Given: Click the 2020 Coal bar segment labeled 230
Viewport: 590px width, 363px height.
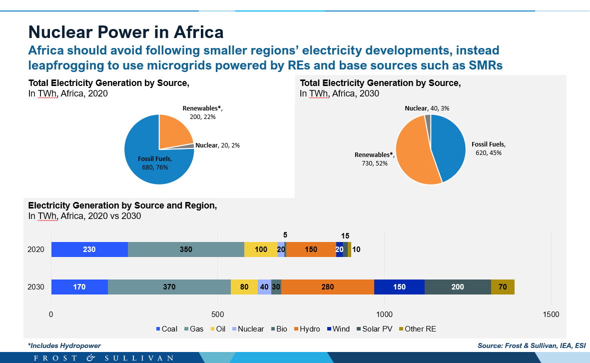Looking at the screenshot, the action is tap(89, 249).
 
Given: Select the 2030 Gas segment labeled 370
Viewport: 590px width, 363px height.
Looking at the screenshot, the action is tap(169, 287).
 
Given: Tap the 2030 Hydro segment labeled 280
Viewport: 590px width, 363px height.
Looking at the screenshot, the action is tap(328, 287).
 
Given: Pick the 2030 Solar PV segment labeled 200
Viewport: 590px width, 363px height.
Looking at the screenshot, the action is tap(458, 287).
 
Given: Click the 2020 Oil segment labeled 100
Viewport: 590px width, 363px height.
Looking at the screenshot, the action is tap(261, 249).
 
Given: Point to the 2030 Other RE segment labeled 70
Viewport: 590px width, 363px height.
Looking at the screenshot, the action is tap(503, 287).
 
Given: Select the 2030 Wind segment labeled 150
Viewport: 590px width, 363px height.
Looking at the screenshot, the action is tap(399, 287).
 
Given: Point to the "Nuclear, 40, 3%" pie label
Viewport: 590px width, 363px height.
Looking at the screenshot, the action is tap(427, 108).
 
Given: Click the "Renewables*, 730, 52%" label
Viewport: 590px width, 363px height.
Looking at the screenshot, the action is tap(375, 159).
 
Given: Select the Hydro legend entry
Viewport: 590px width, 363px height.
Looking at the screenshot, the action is tap(307, 329).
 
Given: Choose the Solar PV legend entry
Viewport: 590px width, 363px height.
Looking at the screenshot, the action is tap(374, 329).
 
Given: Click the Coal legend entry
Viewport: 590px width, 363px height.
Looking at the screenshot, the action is tap(167, 329).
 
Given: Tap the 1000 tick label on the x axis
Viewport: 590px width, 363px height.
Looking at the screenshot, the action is tap(384, 314).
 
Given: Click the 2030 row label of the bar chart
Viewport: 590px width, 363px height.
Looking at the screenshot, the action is tap(36, 287).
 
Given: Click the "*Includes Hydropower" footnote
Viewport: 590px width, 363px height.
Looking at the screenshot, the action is tap(64, 345).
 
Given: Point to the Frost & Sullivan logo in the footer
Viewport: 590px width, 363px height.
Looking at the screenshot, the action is tap(104, 357).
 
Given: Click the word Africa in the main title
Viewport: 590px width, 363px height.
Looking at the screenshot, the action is tap(199, 32).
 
